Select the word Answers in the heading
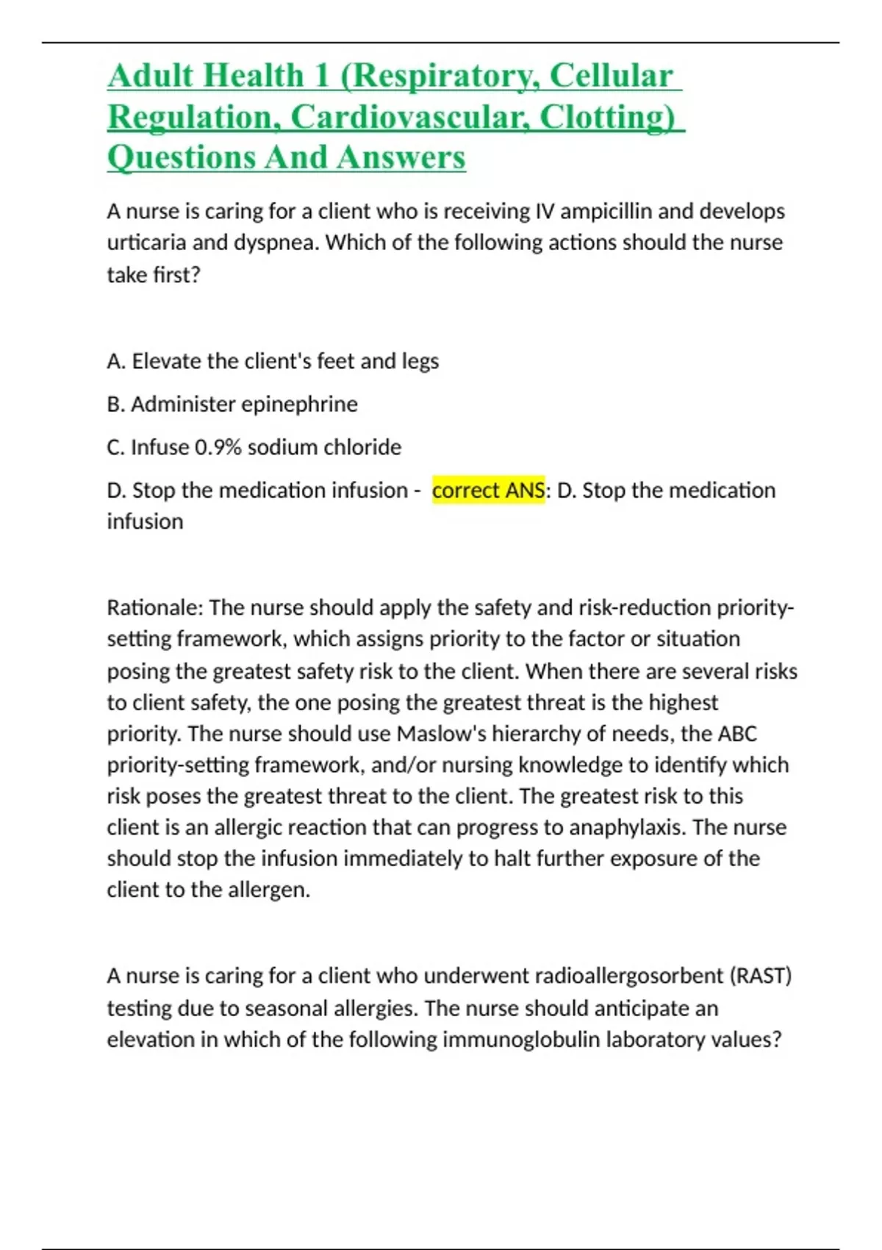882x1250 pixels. pyautogui.click(x=401, y=157)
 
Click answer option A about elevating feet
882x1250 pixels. pyautogui.click(x=273, y=361)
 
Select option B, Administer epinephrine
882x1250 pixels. pyautogui.click(x=232, y=404)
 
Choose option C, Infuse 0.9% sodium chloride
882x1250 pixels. pyautogui.click(x=254, y=447)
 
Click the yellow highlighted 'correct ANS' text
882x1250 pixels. pyautogui.click(x=488, y=490)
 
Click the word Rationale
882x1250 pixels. pyautogui.click(x=154, y=608)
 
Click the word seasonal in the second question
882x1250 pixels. pyautogui.click(x=282, y=1008)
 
